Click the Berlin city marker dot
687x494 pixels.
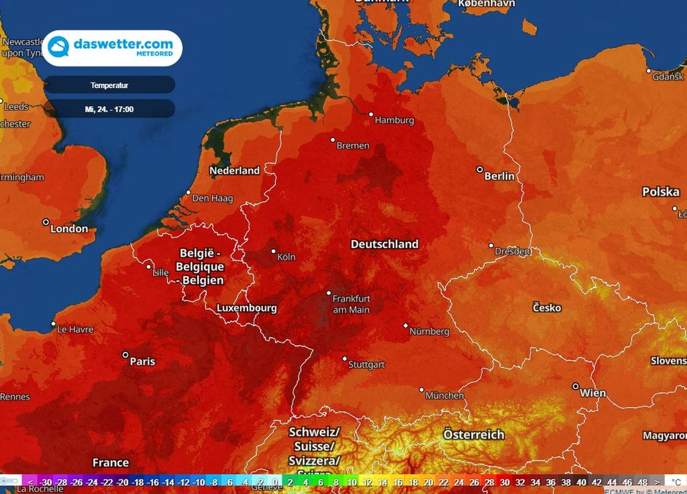(480, 170)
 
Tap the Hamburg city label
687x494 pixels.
(394, 121)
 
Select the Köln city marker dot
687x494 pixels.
(274, 252)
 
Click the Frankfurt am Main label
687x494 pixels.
(351, 304)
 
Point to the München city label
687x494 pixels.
(444, 395)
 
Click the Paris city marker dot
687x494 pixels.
(125, 355)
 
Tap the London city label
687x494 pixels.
(69, 229)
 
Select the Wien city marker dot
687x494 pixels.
(576, 386)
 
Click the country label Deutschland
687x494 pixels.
(384, 245)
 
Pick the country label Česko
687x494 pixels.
(547, 308)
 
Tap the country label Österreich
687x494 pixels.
(474, 435)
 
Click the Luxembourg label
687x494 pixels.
(247, 308)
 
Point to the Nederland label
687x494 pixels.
(234, 171)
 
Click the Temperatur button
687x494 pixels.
(109, 85)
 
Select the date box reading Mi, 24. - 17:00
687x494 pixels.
(109, 109)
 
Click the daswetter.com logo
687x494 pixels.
(112, 48)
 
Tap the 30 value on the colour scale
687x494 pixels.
(505, 482)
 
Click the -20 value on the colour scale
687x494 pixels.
(122, 482)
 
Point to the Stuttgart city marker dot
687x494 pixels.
(345, 359)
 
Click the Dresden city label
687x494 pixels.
(513, 251)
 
